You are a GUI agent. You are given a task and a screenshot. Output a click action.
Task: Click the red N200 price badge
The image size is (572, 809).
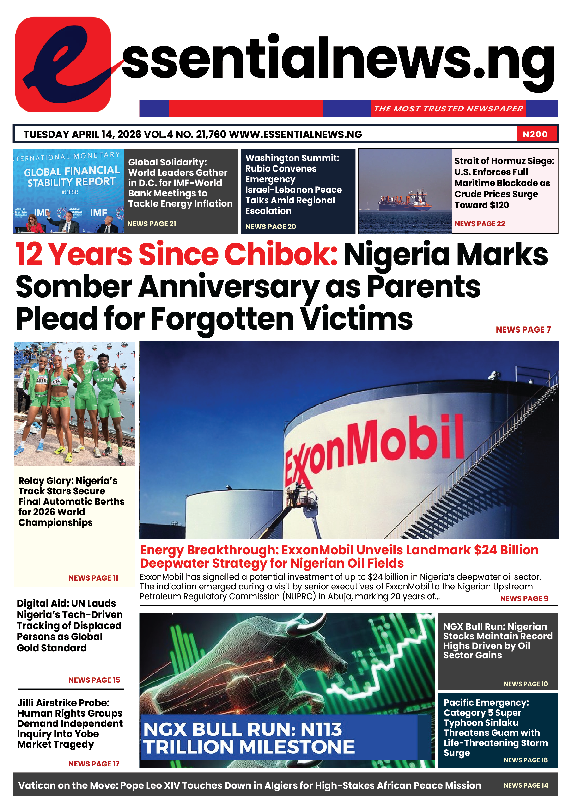535,134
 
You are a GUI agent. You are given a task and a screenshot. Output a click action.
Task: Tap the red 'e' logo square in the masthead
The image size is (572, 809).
63,64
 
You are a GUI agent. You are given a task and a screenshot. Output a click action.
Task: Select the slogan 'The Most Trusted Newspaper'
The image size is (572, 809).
448,109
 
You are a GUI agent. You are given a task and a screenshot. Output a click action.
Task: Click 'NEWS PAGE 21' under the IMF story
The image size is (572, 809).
152,224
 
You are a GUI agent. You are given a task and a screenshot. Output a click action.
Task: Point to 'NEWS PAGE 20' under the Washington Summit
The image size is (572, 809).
270,227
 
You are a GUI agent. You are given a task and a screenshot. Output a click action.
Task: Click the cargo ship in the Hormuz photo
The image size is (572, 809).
405,201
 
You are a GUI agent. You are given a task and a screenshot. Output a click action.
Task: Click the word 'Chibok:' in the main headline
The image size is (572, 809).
281,254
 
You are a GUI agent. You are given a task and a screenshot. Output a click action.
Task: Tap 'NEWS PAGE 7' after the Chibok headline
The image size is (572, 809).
523,330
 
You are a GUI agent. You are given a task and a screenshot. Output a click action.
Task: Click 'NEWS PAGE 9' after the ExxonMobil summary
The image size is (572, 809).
524,599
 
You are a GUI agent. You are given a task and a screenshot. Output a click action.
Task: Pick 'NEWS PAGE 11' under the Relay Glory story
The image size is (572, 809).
93,578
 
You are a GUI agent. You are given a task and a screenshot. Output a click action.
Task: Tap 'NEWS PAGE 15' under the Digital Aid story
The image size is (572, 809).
94,680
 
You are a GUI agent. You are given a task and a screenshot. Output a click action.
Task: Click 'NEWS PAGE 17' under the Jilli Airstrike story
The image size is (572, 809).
94,764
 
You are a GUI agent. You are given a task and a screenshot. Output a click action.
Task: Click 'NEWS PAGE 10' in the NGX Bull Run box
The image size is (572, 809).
525,684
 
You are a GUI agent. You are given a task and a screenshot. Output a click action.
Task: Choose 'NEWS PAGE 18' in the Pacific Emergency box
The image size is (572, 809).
525,760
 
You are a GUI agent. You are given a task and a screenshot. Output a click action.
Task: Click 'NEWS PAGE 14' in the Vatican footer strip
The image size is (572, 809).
525,785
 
